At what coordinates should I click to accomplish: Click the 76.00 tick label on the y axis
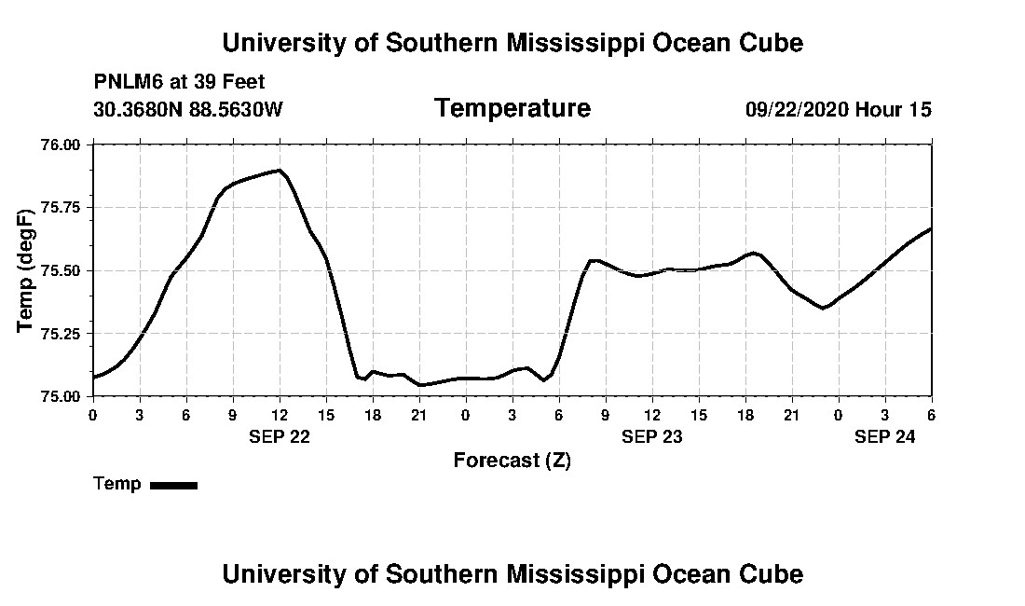point(62,145)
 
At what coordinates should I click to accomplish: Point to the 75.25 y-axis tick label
point(62,333)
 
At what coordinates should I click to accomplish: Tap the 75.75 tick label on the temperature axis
point(62,207)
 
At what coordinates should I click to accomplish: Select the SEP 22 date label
point(280,436)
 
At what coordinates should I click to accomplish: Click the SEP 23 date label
point(652,436)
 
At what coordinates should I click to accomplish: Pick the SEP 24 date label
point(885,436)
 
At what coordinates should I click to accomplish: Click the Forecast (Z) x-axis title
point(512,461)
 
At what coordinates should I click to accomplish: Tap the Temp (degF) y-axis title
point(26,270)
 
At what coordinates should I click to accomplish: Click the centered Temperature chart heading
point(512,108)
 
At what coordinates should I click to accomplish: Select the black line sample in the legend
point(173,485)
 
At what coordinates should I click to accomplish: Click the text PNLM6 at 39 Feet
point(179,82)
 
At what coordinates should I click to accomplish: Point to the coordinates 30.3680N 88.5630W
point(187,109)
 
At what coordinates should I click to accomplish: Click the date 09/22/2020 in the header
point(797,109)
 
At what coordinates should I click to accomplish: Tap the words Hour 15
point(894,109)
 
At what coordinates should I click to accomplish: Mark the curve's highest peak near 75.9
point(278,170)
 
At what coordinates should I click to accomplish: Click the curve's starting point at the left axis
point(93,377)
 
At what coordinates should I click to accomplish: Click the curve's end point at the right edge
point(931,228)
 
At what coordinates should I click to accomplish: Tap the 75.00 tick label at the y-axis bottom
point(62,396)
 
